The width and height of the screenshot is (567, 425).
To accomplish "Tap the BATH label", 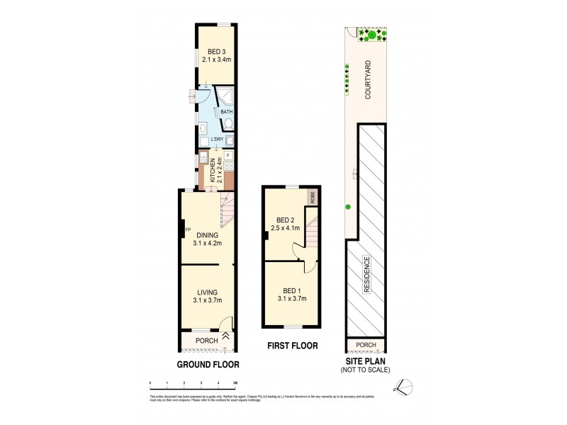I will coord(226,112).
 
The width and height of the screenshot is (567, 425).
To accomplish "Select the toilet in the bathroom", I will coord(228,124).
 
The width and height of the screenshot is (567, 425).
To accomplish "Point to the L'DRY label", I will coord(217,140).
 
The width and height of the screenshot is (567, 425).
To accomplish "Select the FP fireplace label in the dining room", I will coord(188,229).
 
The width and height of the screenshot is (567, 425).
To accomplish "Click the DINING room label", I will coord(207,236).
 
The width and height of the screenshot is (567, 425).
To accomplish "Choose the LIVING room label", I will coord(207,292).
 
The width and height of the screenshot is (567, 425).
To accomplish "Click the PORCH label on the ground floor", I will coord(207,341).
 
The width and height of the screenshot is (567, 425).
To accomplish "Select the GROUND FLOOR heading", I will coord(208,365).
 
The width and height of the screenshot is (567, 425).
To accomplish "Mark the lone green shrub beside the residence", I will coord(348,207).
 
